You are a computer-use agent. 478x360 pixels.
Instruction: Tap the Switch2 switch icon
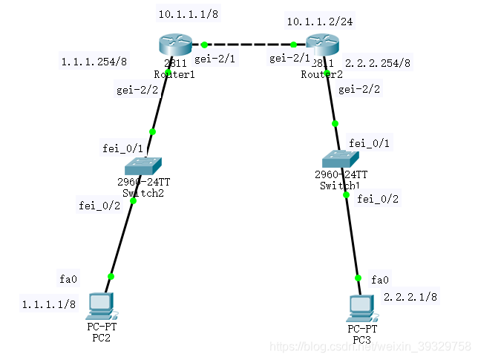tap(143, 166)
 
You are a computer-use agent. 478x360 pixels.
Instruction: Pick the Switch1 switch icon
tap(340, 157)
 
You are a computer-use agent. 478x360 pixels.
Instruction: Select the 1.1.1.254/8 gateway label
tap(94, 62)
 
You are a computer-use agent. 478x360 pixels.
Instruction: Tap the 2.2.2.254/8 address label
tap(378, 63)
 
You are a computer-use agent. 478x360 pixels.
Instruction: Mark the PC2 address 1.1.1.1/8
tap(48, 304)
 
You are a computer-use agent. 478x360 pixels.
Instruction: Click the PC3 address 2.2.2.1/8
tap(410, 297)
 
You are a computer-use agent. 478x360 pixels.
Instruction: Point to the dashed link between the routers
tap(249, 45)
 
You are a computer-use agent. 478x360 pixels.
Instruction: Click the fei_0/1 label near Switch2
tap(122, 149)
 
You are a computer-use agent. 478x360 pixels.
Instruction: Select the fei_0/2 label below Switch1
tap(378, 198)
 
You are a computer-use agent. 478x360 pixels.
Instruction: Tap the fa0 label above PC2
tap(68, 279)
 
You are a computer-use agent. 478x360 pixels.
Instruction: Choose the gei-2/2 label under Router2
tap(359, 90)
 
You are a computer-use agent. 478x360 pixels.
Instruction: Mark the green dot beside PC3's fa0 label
tap(358, 278)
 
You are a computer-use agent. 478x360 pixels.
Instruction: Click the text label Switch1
tap(340, 185)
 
